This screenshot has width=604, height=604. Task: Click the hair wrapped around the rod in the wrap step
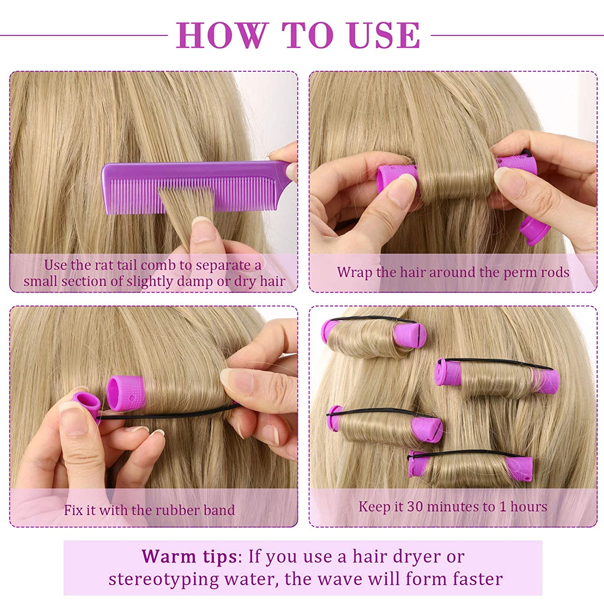click(x=455, y=177)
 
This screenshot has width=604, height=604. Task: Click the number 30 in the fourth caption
click(x=415, y=507)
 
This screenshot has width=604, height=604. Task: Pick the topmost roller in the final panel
click(x=372, y=336)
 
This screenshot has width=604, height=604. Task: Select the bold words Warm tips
click(x=189, y=556)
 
